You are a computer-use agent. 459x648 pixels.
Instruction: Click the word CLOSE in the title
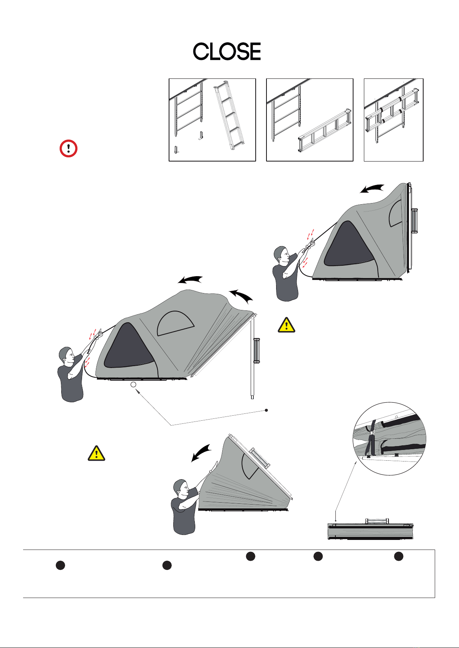coord(227,52)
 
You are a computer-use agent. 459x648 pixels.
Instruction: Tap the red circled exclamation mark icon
coord(69,149)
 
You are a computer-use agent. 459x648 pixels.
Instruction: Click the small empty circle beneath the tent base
coord(133,385)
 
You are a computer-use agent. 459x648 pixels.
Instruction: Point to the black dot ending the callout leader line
coord(266,410)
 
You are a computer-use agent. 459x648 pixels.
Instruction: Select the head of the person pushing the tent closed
coord(181,488)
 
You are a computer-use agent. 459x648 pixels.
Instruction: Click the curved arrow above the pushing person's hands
coord(201,452)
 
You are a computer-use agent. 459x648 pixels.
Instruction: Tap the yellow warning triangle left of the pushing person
coord(96,454)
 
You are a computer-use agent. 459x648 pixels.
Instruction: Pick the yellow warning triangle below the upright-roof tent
coord(286,325)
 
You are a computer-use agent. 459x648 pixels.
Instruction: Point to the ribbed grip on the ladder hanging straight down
coord(256,350)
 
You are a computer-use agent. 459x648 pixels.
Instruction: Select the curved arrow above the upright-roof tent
coord(372,188)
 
